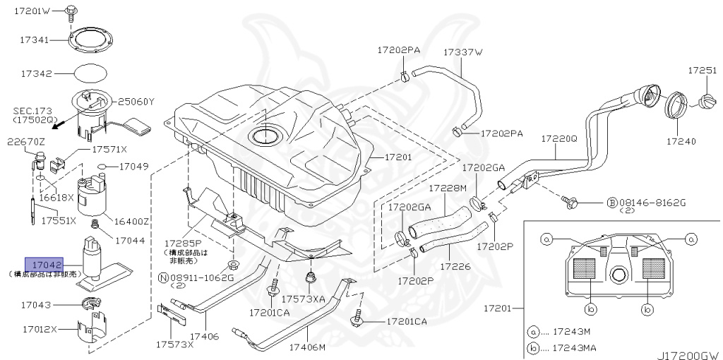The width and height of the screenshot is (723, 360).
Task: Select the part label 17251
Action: (x=703, y=71)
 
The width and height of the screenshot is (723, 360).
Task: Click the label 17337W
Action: (x=462, y=52)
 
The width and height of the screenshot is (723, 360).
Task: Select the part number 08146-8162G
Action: (x=652, y=202)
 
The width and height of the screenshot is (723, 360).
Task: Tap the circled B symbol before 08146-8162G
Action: (x=612, y=203)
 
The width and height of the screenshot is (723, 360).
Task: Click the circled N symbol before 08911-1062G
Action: (x=163, y=278)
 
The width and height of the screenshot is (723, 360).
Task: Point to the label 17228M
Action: (x=449, y=188)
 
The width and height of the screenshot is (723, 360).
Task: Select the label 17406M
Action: (x=307, y=347)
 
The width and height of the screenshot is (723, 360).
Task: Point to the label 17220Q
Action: (x=559, y=139)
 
